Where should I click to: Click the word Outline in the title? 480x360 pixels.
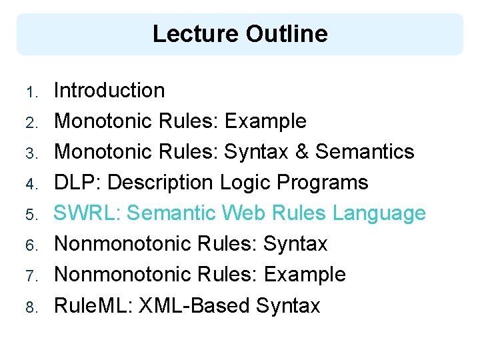[x=287, y=34]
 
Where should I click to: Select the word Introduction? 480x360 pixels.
[x=109, y=90]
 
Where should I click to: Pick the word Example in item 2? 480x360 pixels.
[x=265, y=121]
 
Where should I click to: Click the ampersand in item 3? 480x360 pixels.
[x=300, y=152]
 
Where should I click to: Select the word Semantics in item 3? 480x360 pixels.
[x=365, y=152]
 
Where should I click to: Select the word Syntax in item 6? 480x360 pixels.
[x=295, y=244]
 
